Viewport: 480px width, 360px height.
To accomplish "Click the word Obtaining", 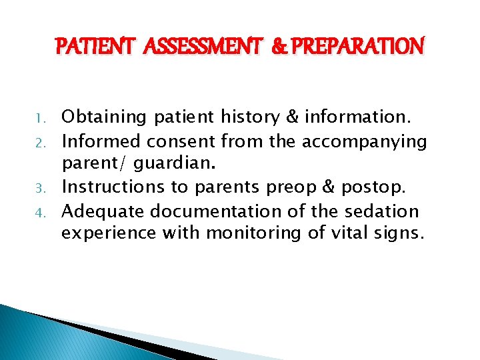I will [x=104, y=117].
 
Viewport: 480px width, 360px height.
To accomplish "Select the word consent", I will [x=181, y=141].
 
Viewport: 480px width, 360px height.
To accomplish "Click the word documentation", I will [x=227, y=211].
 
